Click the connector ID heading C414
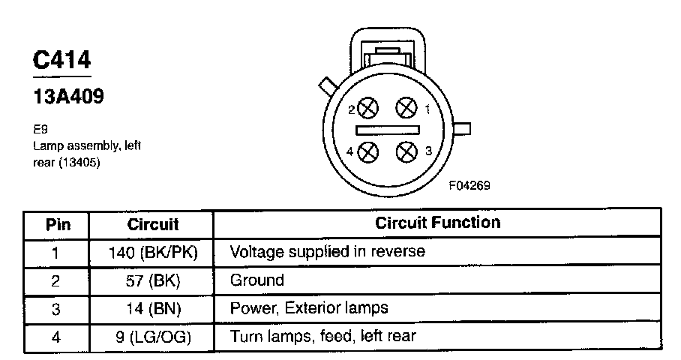coord(61,59)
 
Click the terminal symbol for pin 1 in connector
coord(406,108)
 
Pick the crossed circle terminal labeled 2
coord(367,109)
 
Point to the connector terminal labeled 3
coord(406,151)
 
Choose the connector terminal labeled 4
coord(367,152)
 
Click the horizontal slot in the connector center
coord(387,130)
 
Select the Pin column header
coord(57,224)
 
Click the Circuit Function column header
coord(437,223)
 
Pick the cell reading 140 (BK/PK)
coord(153,252)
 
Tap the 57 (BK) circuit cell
coord(153,280)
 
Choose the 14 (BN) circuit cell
coord(153,308)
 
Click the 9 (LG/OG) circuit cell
coord(153,337)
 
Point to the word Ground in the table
coord(257,280)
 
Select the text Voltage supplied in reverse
coord(327,251)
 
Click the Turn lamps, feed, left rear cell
coord(322,336)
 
